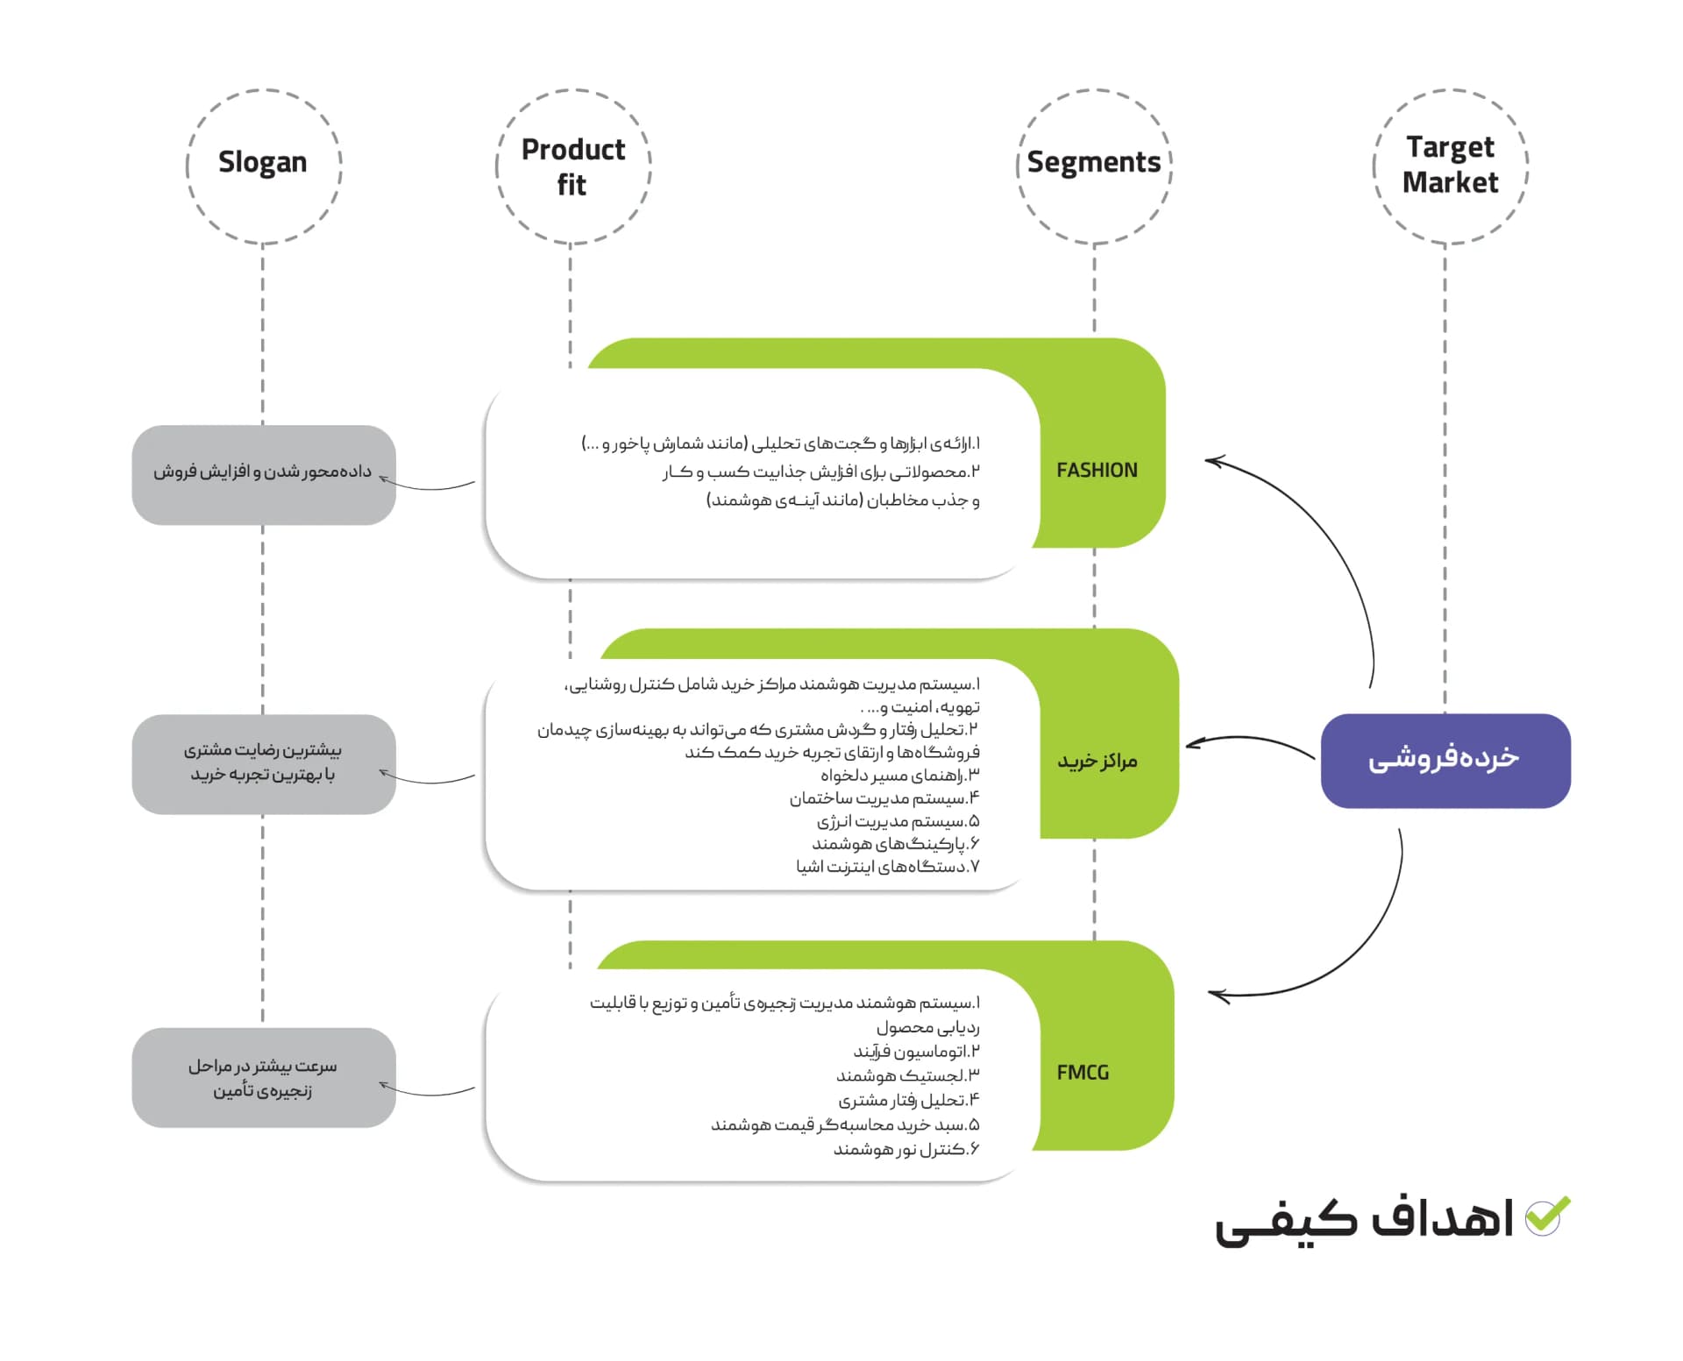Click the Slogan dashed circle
tap(263, 166)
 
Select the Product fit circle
tap(573, 166)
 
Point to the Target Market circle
tap(1450, 166)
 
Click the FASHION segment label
tap(1097, 471)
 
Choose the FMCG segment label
tap(1083, 1073)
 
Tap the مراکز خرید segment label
tap(1097, 761)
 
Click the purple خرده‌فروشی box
tap(1445, 760)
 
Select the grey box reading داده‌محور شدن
tap(263, 474)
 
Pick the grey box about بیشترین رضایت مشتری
tap(263, 763)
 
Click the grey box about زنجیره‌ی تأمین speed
tap(263, 1077)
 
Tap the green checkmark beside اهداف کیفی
tap(1547, 1216)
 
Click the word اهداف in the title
tap(1442, 1218)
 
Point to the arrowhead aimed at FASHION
tap(1214, 460)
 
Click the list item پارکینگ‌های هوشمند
tap(894, 844)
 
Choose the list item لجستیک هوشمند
tap(907, 1075)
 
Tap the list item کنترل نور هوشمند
tap(905, 1149)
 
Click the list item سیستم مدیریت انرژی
tap(898, 821)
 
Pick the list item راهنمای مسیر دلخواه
tap(899, 776)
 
